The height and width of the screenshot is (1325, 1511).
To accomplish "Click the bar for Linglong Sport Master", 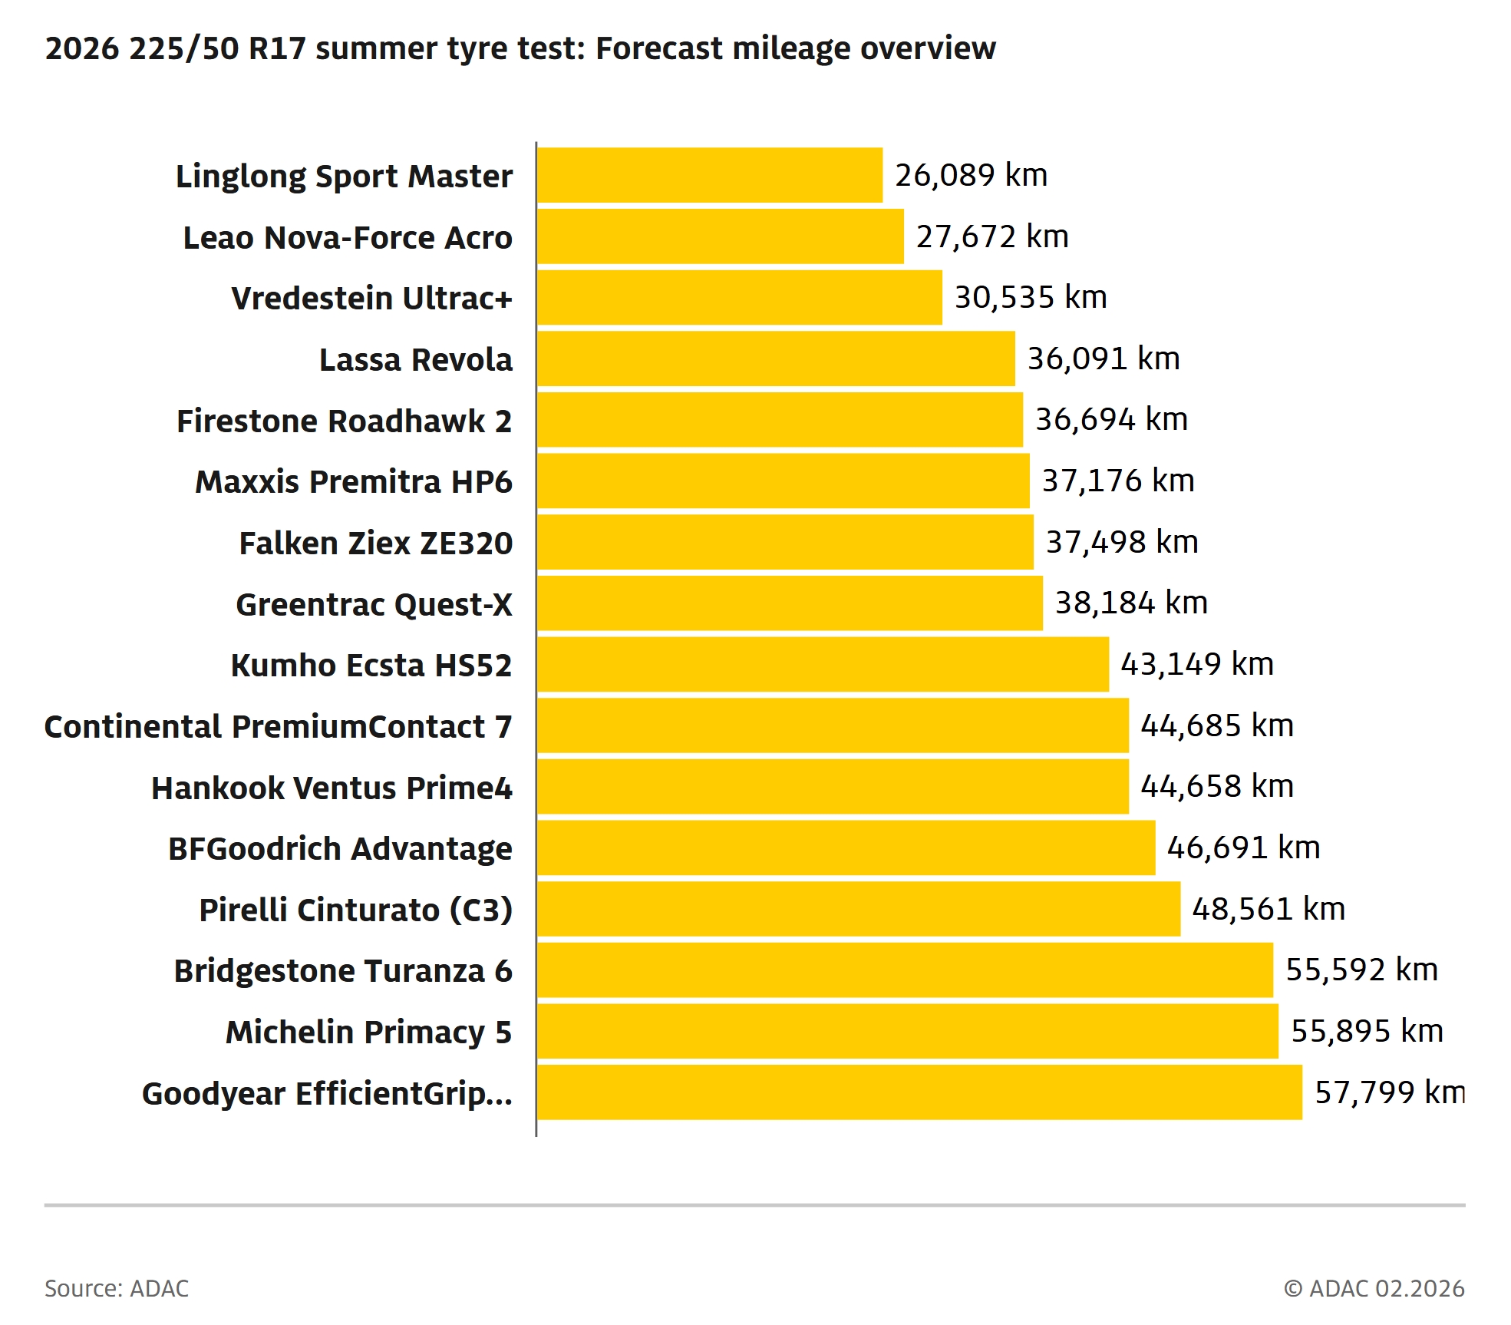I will pyautogui.click(x=710, y=175).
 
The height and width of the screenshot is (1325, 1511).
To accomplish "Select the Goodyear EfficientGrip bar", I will pyautogui.click(x=919, y=1092).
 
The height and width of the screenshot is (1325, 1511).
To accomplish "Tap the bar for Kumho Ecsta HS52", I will pyautogui.click(x=823, y=664).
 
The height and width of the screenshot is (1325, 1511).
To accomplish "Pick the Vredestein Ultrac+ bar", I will pyautogui.click(x=739, y=297).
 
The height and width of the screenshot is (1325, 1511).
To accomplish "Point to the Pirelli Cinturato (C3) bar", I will pyautogui.click(x=858, y=909).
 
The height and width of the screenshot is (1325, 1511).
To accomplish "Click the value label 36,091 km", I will pyautogui.click(x=1103, y=359).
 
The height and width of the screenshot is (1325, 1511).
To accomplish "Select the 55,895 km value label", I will pyautogui.click(x=1367, y=1031).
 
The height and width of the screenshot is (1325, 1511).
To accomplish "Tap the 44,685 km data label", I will pyautogui.click(x=1217, y=725).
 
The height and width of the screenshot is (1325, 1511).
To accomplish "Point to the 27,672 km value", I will pyautogui.click(x=991, y=236).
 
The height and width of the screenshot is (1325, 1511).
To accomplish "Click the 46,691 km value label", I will pyautogui.click(x=1243, y=848).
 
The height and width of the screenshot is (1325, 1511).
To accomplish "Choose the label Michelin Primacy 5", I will pyautogui.click(x=368, y=1032).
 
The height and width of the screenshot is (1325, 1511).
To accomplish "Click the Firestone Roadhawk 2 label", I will pyautogui.click(x=344, y=421).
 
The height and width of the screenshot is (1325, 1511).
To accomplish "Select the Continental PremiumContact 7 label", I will pyautogui.click(x=278, y=726).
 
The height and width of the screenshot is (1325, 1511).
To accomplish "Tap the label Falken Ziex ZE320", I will pyautogui.click(x=375, y=543).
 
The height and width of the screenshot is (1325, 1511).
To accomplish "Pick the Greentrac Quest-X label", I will pyautogui.click(x=374, y=604).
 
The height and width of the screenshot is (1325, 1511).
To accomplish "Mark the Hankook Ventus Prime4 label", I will pyautogui.click(x=332, y=788).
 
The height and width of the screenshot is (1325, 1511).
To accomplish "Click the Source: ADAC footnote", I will pyautogui.click(x=117, y=1288).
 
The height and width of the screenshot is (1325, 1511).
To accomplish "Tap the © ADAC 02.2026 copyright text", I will pyautogui.click(x=1374, y=1288).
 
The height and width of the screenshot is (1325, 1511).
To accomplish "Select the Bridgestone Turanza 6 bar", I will pyautogui.click(x=905, y=970).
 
